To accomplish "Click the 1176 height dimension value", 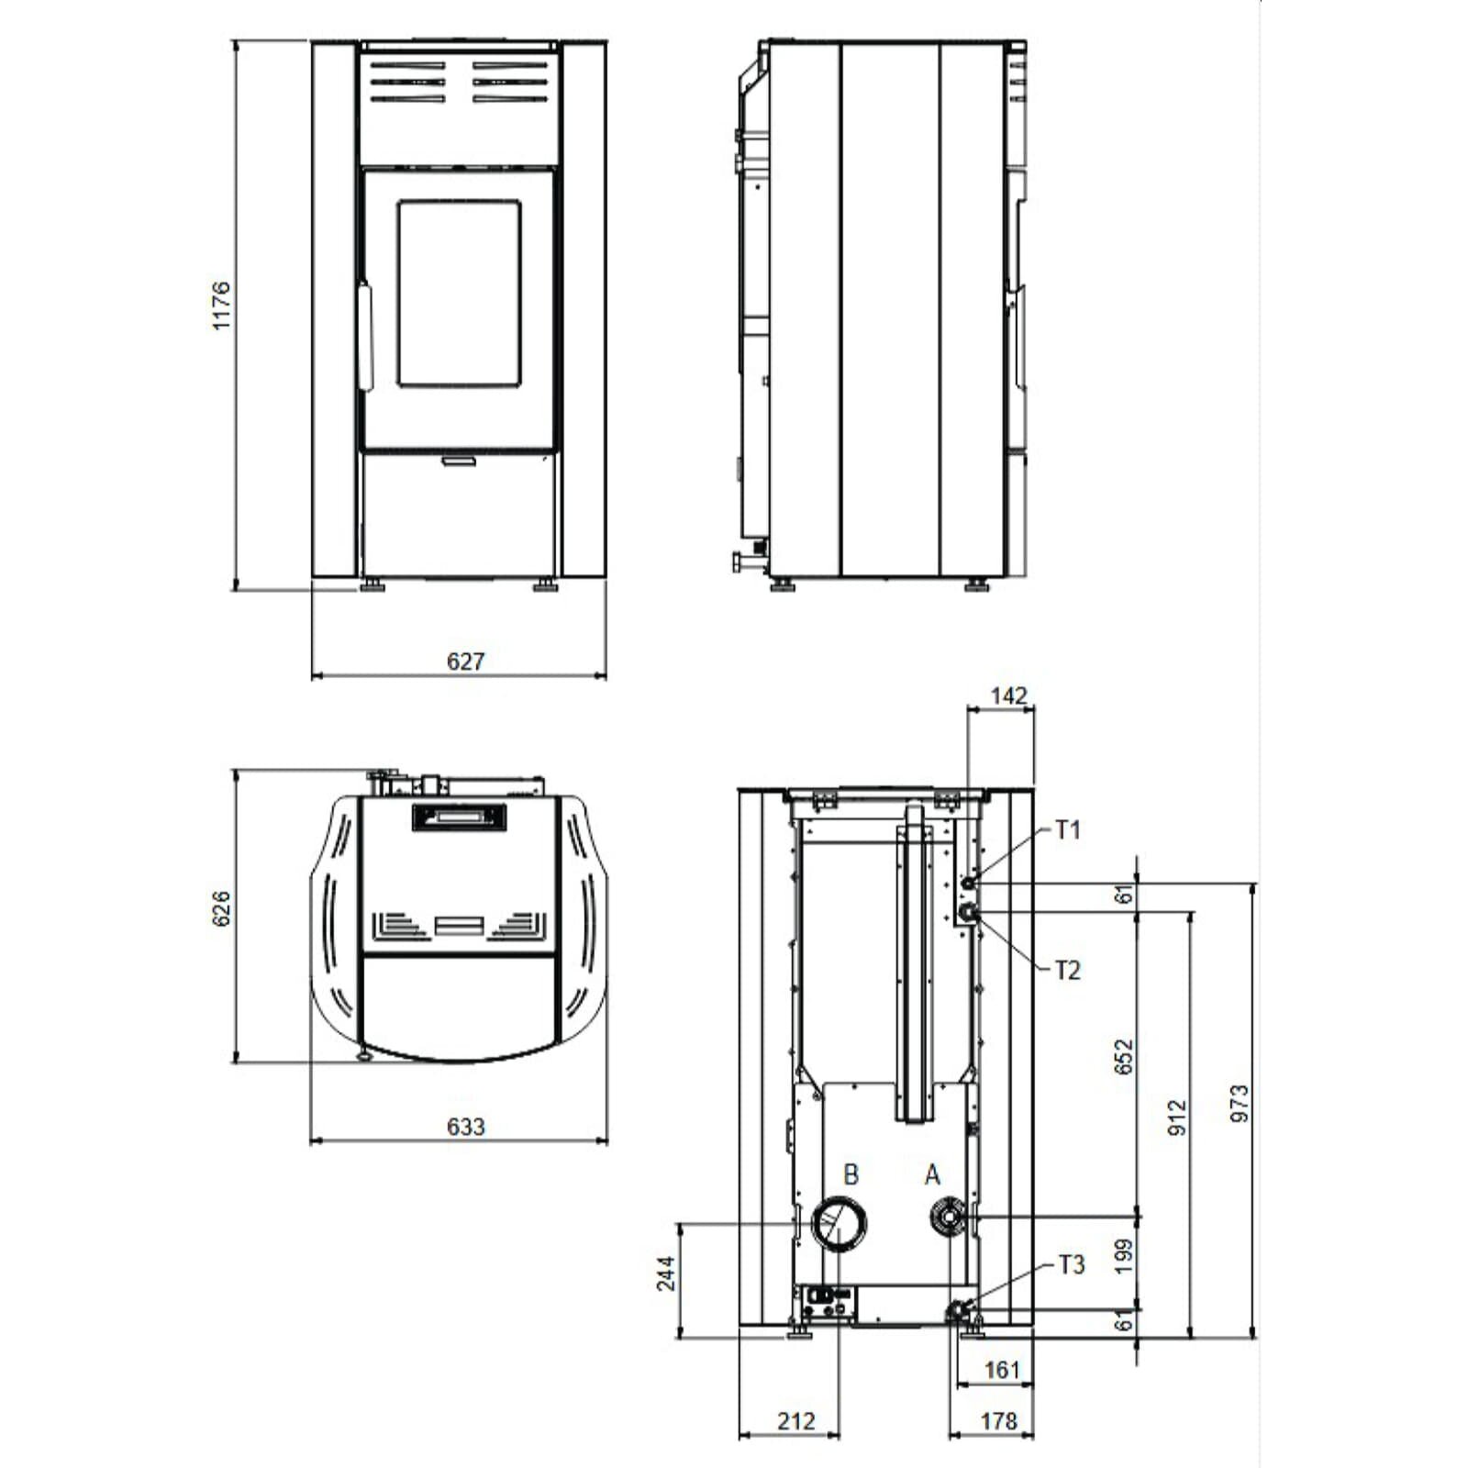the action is (221, 306).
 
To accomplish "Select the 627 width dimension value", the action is (465, 662).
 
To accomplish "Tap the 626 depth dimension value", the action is (221, 908).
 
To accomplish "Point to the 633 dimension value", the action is (465, 1127).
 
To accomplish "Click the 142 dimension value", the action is (1008, 695).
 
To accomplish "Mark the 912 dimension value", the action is (1177, 1118).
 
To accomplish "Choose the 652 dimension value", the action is (1124, 1057).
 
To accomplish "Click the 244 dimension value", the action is (666, 1273).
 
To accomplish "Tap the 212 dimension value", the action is (795, 1421).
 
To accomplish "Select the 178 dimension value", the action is (998, 1421).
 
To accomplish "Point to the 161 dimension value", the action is (1002, 1370).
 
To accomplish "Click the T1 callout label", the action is (1068, 830).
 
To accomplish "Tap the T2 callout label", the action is (1068, 970).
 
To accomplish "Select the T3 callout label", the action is (1072, 1265).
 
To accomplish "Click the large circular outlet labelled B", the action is (840, 1223).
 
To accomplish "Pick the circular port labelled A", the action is (945, 1219).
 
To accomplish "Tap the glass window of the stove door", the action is (459, 293).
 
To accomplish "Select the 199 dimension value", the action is (1124, 1256).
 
